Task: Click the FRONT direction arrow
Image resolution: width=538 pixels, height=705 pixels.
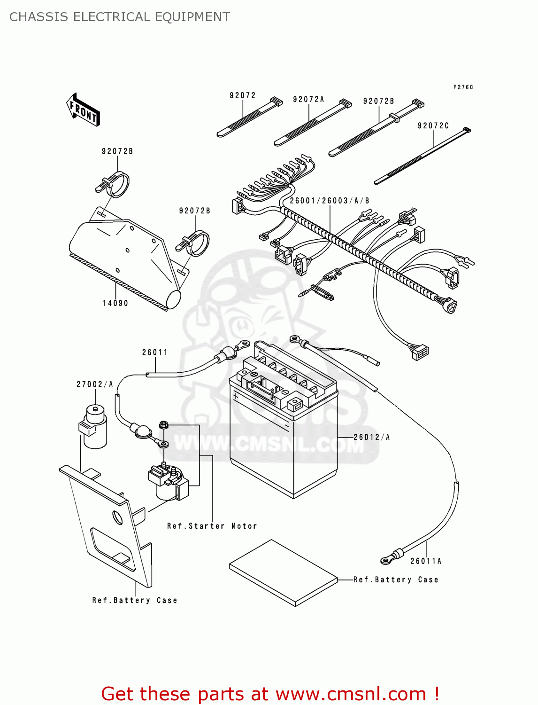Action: [83, 110]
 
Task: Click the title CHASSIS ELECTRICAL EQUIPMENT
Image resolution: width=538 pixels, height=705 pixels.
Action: [119, 17]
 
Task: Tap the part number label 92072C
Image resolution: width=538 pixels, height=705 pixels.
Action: [433, 126]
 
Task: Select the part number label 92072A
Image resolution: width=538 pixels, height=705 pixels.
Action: [308, 100]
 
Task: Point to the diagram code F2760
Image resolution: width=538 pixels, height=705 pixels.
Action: [463, 87]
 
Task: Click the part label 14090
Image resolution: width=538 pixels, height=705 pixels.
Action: [115, 303]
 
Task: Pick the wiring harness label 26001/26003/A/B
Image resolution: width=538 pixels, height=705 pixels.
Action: [329, 201]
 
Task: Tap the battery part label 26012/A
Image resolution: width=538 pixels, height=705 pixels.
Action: [371, 437]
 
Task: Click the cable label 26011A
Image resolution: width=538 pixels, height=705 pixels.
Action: [425, 561]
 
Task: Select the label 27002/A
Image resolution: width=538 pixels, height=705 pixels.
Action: [95, 384]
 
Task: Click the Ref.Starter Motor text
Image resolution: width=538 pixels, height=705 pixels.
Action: [212, 526]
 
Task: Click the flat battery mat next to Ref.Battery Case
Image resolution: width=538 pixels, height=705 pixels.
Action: [284, 572]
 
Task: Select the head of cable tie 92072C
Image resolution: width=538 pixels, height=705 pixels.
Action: [466, 130]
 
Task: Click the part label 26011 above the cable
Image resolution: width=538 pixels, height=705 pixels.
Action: [154, 352]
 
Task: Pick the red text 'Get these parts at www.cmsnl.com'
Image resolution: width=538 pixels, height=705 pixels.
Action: [270, 694]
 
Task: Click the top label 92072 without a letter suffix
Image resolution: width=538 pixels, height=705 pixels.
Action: [242, 95]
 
